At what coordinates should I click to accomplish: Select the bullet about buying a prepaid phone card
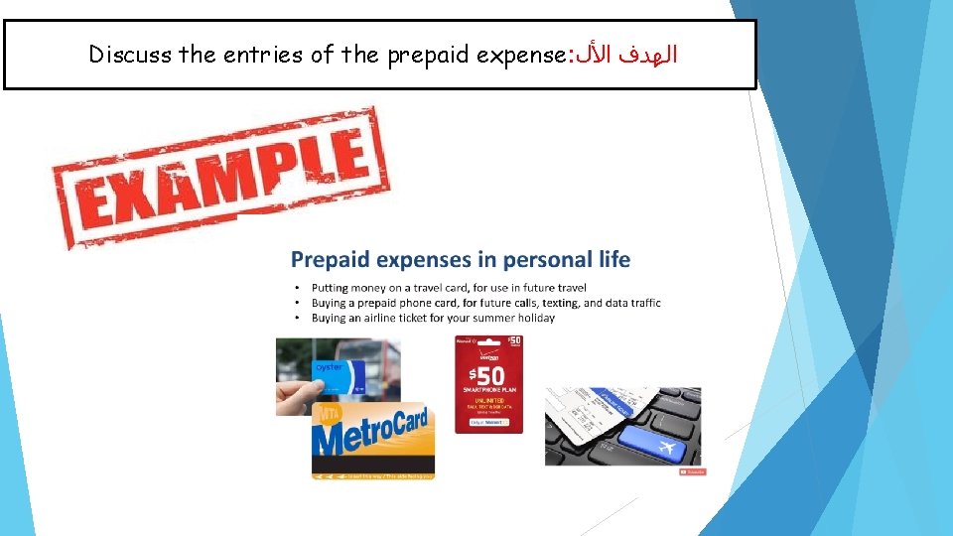pos(485,303)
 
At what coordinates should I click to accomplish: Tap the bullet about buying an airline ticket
pos(433,318)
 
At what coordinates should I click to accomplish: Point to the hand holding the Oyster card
pos(298,396)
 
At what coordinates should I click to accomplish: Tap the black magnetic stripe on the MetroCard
pos(373,463)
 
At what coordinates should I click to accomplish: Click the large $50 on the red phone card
pos(487,376)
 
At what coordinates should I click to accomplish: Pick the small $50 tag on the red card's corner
pos(514,341)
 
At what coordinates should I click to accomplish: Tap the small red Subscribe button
pos(693,471)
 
